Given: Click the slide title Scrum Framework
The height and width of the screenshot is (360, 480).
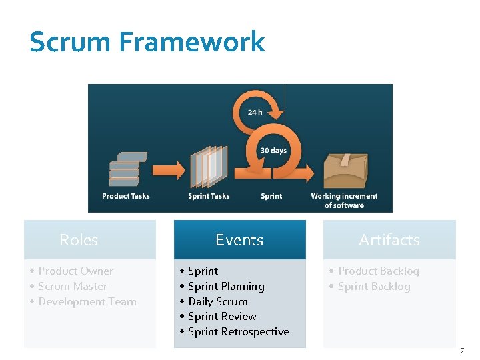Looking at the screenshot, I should click(147, 42).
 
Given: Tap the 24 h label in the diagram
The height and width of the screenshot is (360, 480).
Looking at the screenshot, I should click(255, 112).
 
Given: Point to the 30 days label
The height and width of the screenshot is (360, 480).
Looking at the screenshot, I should click(273, 151).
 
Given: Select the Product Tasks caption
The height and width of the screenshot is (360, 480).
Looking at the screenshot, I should click(126, 196).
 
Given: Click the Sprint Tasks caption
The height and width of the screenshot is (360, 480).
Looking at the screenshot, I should click(209, 196).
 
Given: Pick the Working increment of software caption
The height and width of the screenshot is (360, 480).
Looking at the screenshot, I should click(344, 200).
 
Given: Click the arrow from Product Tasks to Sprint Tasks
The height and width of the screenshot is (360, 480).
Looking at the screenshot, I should click(167, 170).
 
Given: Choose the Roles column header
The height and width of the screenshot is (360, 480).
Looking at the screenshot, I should click(79, 240).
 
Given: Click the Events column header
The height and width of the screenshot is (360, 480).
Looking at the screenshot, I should click(239, 240).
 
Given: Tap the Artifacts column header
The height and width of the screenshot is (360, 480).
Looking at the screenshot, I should click(389, 240).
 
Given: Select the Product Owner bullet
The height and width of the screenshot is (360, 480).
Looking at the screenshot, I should click(75, 271).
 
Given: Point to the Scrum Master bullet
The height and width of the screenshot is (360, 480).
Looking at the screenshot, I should click(73, 286).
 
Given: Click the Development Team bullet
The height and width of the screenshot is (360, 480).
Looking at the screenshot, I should click(87, 301).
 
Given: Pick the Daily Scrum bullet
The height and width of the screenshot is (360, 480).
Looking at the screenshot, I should click(218, 301).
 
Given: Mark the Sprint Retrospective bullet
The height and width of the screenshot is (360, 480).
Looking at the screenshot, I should click(239, 331).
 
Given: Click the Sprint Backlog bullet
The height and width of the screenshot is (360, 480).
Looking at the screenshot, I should click(374, 286).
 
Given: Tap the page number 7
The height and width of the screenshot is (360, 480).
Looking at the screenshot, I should click(462, 351).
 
